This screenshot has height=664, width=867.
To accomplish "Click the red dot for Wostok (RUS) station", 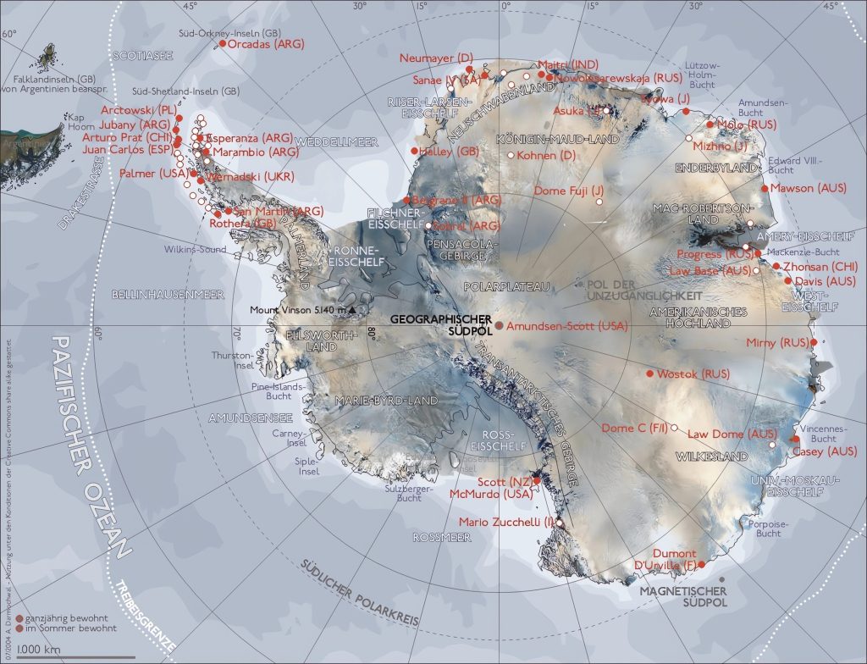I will pyautogui.click(x=649, y=373).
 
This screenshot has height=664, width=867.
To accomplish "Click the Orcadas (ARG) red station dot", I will pyautogui.click(x=223, y=43).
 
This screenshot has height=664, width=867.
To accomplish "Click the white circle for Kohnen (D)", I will pyautogui.click(x=511, y=155).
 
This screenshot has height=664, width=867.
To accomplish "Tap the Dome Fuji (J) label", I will pyautogui.click(x=569, y=191).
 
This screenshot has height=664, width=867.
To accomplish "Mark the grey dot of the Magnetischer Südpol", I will pyautogui.click(x=721, y=578).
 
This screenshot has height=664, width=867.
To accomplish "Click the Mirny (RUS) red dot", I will pyautogui.click(x=814, y=342).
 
